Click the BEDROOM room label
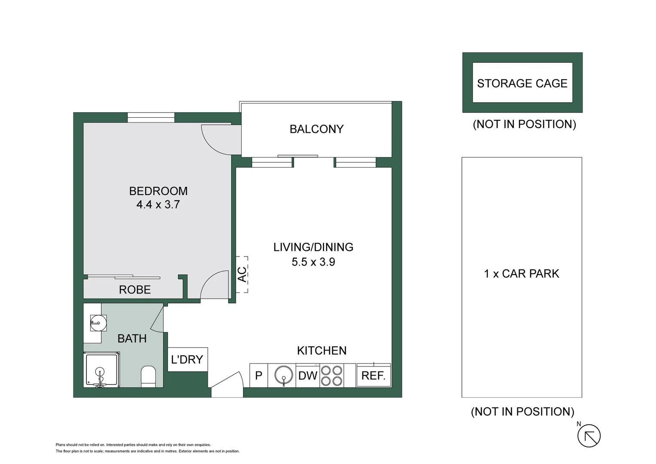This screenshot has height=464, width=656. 158,191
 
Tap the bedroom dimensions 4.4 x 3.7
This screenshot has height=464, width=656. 158,205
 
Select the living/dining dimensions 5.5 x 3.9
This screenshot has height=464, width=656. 313,262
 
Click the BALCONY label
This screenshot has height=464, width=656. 316,129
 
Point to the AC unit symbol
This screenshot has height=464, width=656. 242,275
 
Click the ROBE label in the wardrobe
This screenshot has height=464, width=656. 135,290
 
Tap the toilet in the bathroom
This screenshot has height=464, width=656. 148,376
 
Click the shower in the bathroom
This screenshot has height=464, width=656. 101,370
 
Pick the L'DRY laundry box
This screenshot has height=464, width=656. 187,360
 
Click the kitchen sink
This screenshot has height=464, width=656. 283,375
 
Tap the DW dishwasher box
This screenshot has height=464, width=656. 308,375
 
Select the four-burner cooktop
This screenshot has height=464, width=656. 332,375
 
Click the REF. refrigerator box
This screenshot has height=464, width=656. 374,375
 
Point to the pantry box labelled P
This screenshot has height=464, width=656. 258,375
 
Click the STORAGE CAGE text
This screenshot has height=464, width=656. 522,83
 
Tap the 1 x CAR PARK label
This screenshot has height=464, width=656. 521,274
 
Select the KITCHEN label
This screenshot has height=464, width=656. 322,351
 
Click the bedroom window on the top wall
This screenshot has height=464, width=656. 151,117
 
